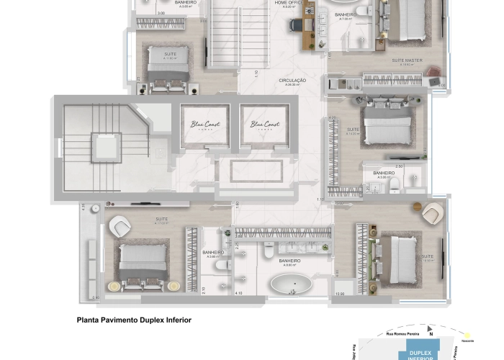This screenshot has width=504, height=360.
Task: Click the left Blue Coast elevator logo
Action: coord(205,125)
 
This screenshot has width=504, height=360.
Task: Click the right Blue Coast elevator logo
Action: coord(266,125)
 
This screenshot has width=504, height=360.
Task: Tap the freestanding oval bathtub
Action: coord(292,284)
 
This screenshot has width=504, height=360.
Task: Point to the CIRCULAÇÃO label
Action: coord(292,81)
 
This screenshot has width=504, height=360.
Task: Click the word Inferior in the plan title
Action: coord(176,318)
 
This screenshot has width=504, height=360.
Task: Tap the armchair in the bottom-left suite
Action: coord(121,228)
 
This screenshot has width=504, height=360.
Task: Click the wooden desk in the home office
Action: coord(308,22)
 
